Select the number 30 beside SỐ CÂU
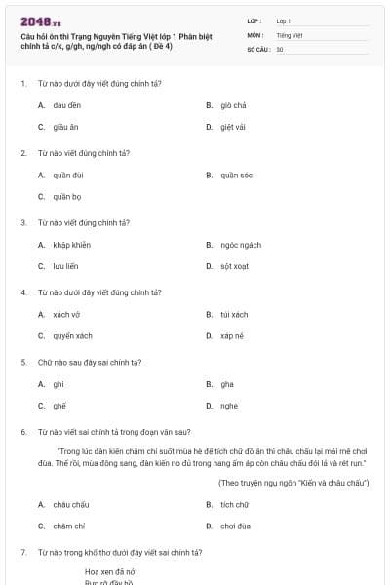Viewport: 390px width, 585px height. (x=280, y=48)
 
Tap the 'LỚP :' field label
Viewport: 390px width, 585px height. (x=255, y=20)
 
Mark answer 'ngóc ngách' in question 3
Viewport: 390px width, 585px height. (x=240, y=245)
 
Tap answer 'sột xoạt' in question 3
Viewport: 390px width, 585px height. (x=235, y=265)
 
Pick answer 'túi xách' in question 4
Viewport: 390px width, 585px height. (x=234, y=315)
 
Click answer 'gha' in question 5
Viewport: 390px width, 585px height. (x=227, y=384)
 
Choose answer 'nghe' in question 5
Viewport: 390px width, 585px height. (x=228, y=406)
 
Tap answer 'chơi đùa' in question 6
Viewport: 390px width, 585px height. (x=235, y=526)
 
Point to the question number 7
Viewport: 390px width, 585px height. (x=22, y=552)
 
